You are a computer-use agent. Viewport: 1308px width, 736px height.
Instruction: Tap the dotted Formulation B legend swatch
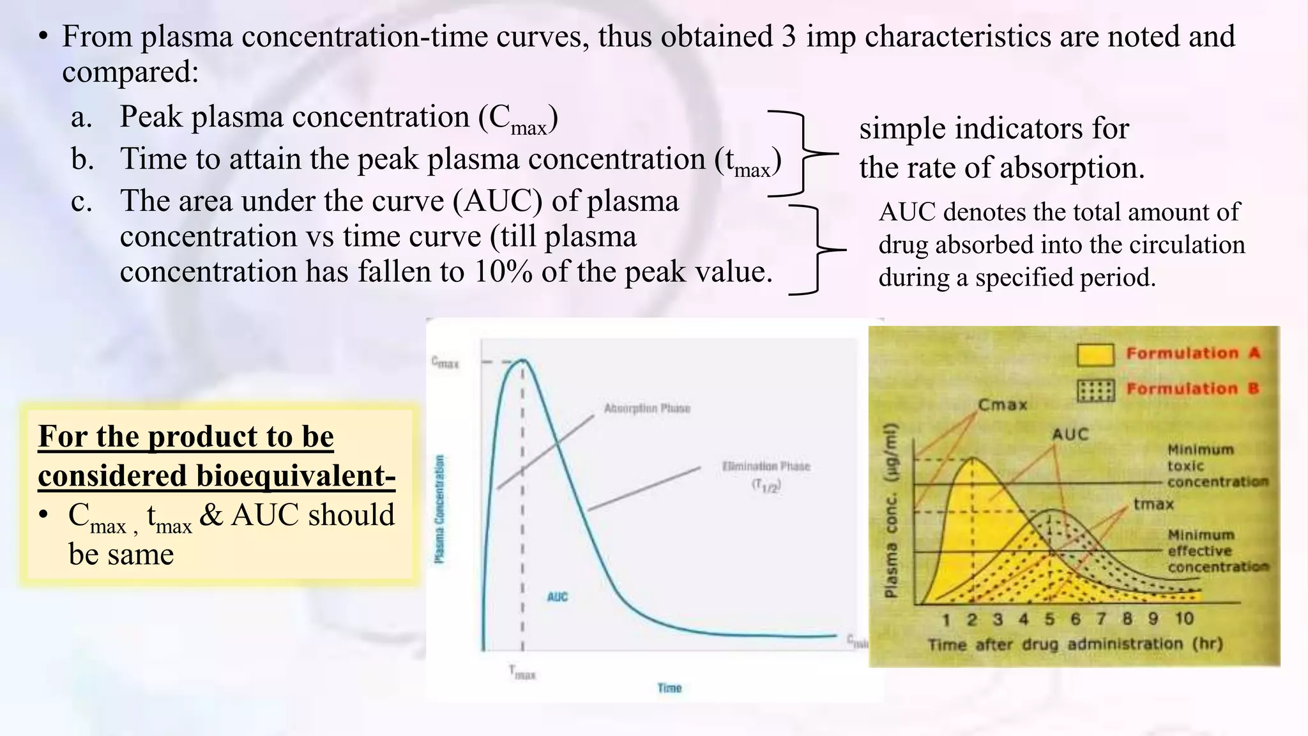(x=1095, y=390)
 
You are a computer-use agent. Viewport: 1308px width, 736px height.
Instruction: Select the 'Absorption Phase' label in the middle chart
(x=647, y=408)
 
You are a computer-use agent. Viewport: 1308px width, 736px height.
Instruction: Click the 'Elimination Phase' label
(x=766, y=466)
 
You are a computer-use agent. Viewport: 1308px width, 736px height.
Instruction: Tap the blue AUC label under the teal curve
(x=557, y=597)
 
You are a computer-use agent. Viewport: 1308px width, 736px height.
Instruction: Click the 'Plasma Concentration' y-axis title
(x=439, y=509)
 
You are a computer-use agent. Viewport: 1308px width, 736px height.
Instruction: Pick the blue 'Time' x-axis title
(x=669, y=687)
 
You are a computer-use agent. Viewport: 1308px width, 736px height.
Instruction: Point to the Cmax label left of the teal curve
(x=445, y=362)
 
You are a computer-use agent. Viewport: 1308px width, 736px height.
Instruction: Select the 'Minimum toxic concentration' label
(x=1217, y=466)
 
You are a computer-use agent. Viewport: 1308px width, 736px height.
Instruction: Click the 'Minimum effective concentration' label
(x=1217, y=551)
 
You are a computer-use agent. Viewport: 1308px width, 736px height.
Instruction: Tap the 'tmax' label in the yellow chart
(x=1153, y=504)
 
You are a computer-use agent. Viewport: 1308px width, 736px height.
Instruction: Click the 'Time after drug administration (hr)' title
(x=1075, y=644)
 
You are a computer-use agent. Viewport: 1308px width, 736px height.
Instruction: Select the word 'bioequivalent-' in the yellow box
(x=296, y=475)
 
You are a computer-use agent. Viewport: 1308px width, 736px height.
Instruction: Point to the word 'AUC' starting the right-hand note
(x=907, y=211)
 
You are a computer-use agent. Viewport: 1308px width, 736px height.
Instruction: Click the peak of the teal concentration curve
(x=523, y=360)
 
